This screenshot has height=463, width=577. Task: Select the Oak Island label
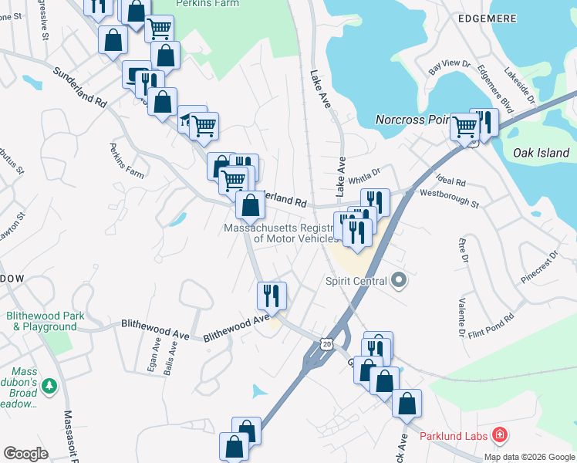(542, 153)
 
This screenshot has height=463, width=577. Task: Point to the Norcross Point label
(411, 120)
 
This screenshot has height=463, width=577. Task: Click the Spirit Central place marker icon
(399, 279)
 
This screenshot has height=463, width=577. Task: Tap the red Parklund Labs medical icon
(500, 436)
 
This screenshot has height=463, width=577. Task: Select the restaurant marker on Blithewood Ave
(272, 295)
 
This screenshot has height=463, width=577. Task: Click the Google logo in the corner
(25, 454)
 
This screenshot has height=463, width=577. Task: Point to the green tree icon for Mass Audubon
(49, 384)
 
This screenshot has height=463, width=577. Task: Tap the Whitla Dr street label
(365, 177)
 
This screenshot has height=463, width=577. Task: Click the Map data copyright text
(530, 457)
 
